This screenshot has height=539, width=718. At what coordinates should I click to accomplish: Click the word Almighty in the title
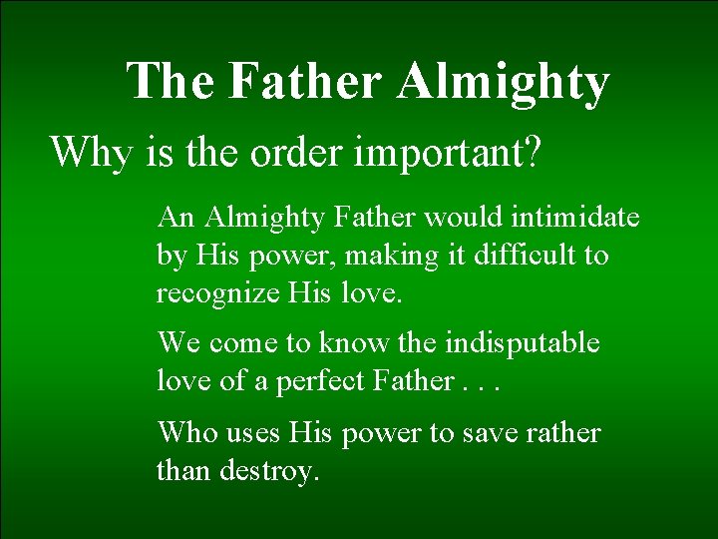[x=503, y=82]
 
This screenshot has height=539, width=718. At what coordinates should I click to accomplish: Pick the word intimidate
[x=577, y=217]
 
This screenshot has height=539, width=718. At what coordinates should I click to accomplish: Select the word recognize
[x=217, y=293]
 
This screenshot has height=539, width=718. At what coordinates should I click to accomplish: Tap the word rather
[x=568, y=433]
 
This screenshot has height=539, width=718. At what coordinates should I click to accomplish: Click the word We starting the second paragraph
[x=179, y=343]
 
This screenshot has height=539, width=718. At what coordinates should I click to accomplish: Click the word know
[x=354, y=343]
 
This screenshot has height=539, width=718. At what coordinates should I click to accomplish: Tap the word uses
[x=252, y=434]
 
